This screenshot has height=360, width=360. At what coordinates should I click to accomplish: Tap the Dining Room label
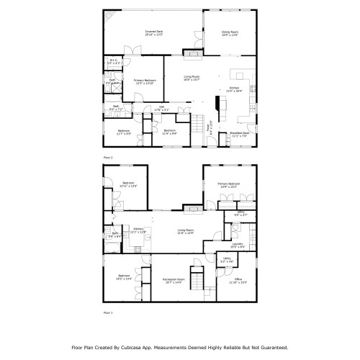click(x=229, y=32)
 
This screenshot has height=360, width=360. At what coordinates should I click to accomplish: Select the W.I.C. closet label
click(x=113, y=61)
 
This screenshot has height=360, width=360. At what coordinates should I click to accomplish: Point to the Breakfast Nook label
click(x=240, y=134)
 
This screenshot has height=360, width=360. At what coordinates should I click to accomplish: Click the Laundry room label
click(x=237, y=244)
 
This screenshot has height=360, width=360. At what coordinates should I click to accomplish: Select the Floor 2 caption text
click(x=108, y=156)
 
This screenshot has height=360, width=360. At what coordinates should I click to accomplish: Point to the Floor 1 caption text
click(x=108, y=313)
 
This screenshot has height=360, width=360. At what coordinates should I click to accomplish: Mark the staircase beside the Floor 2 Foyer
click(x=197, y=125)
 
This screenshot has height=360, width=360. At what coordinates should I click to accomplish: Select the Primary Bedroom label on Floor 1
click(x=229, y=184)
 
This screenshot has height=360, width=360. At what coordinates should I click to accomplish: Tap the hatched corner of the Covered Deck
click(x=108, y=17)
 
